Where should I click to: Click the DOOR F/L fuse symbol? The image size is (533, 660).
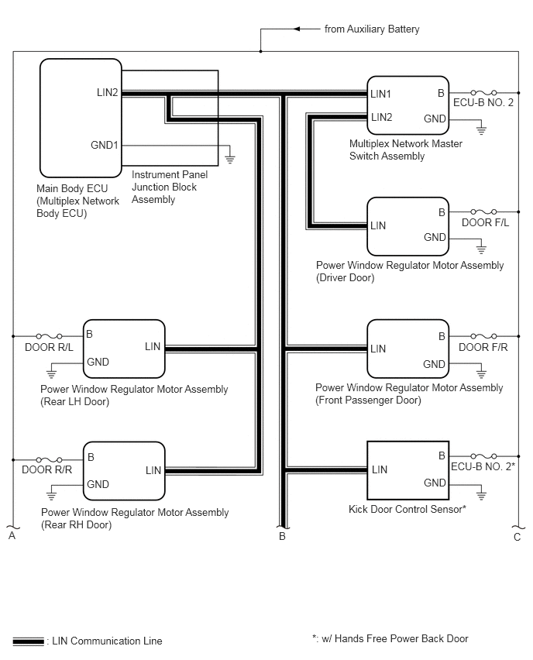point(483,211)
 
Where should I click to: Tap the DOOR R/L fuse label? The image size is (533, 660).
point(49,347)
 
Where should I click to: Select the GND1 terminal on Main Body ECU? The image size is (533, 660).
point(105,145)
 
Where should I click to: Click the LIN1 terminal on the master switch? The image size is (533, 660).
point(380,94)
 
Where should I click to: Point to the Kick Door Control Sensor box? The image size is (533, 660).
point(408,470)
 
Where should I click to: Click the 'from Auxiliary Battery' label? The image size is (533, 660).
point(372,29)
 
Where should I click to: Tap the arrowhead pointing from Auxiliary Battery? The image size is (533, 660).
point(297,29)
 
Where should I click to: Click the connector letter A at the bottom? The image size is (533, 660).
point(12,535)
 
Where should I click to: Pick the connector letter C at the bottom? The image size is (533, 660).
point(518,537)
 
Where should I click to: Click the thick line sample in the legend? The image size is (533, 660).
point(28,641)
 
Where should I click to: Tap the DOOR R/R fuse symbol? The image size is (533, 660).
point(50,459)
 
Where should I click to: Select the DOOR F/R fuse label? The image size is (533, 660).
point(483,347)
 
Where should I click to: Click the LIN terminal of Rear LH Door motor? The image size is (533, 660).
point(153,346)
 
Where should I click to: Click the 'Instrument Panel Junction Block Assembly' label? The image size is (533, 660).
point(170,187)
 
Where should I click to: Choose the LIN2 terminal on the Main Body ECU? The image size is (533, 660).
point(108,92)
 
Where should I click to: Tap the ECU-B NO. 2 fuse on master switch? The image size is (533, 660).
point(483,92)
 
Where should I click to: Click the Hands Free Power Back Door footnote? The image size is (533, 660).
point(390,638)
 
